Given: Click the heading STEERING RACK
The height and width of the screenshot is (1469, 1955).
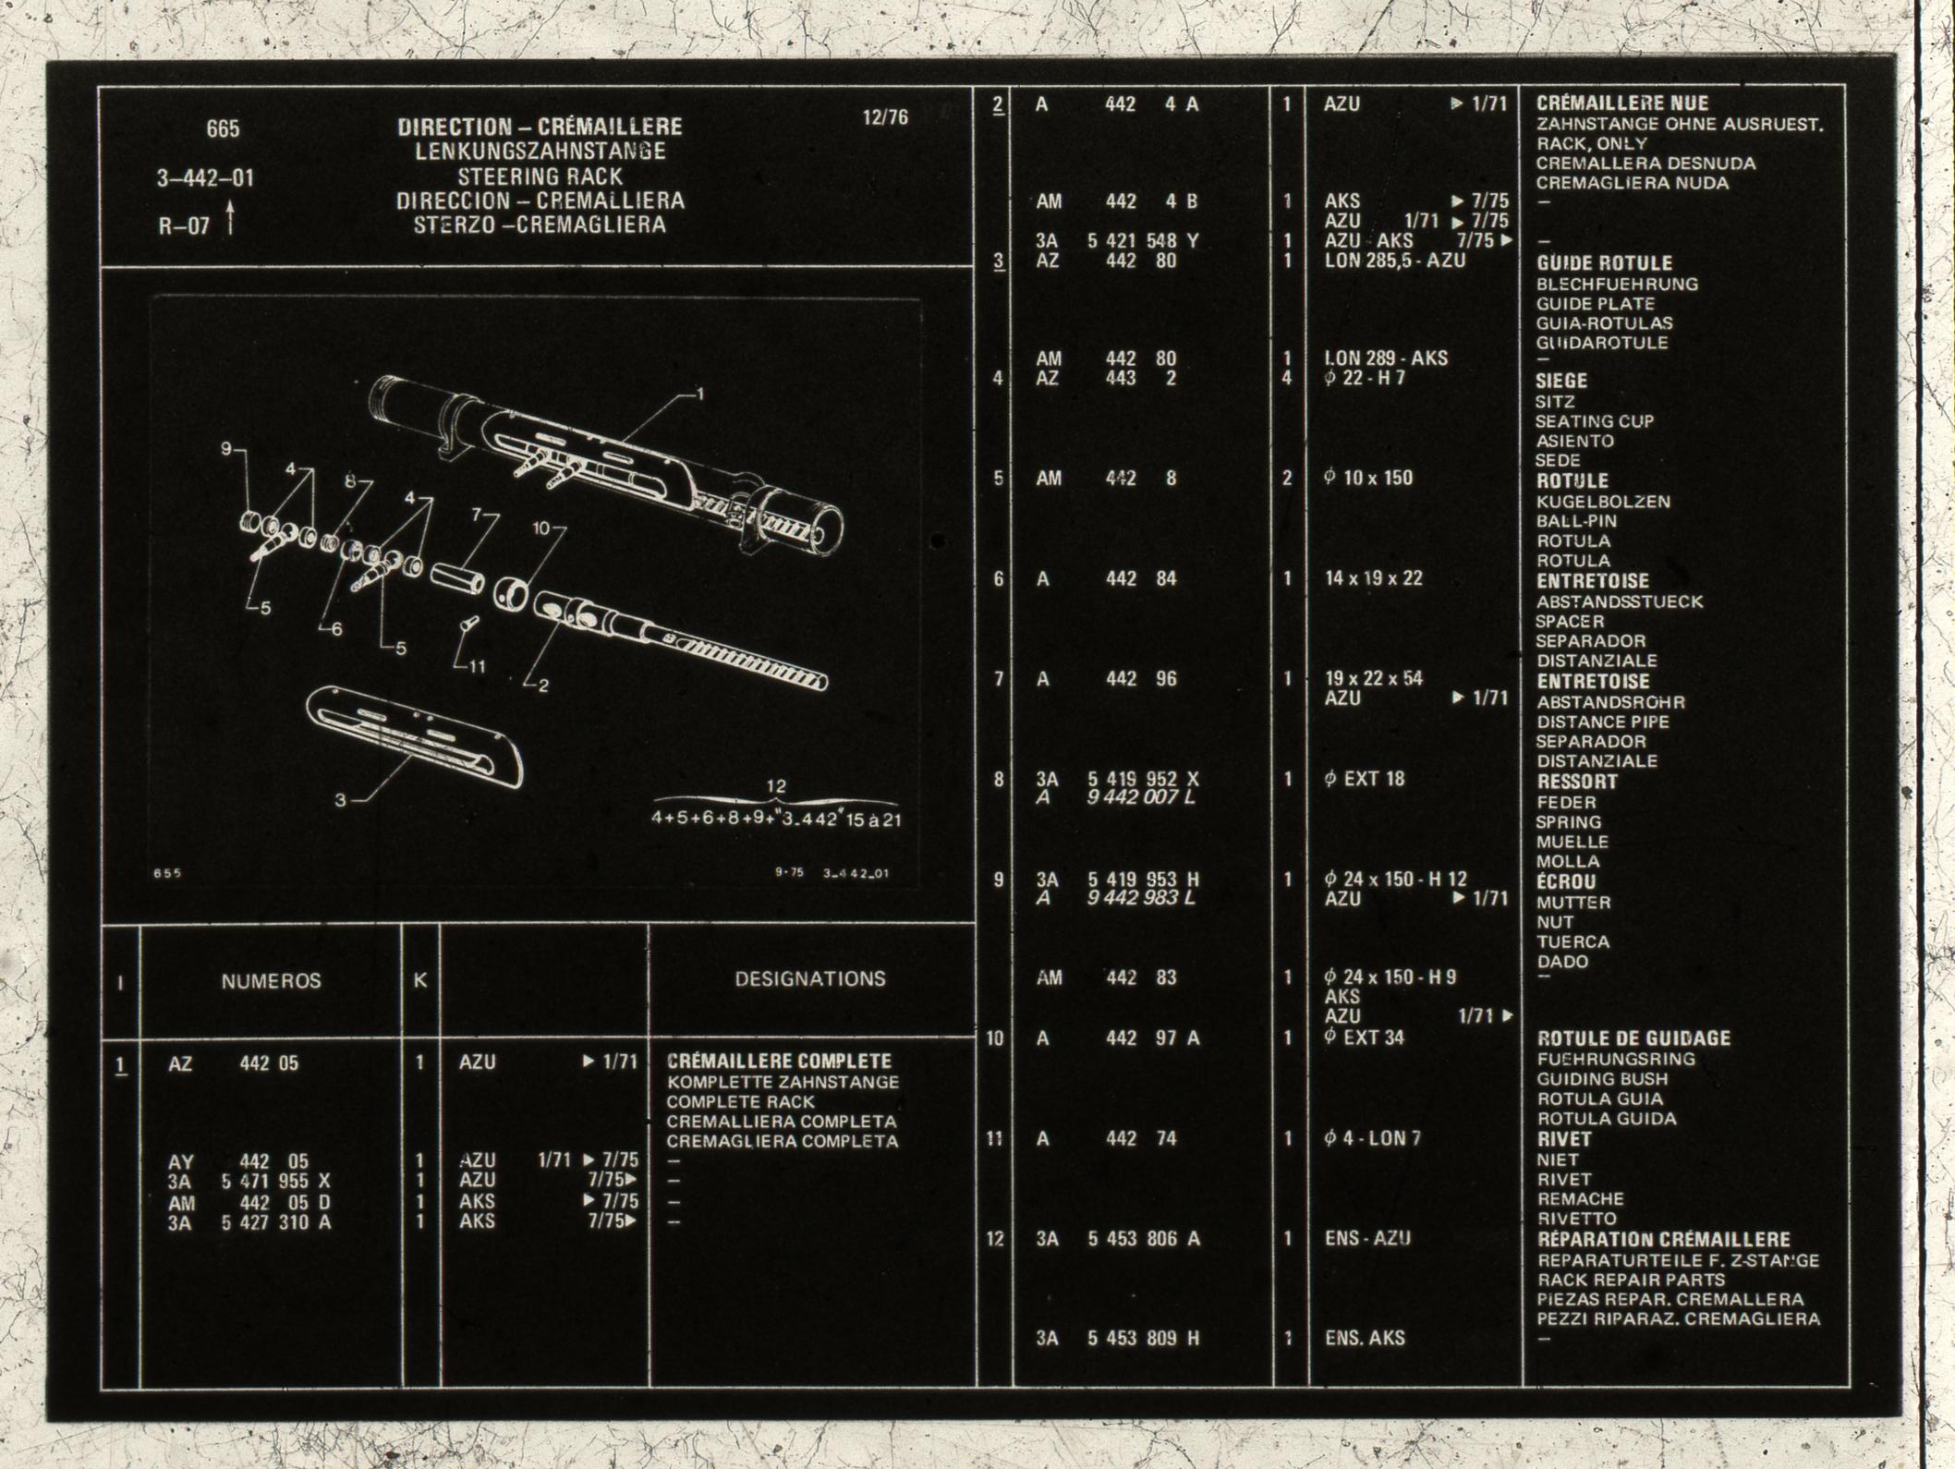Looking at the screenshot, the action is (x=540, y=176).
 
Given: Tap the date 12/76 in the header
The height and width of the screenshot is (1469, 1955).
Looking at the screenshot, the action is (x=885, y=117).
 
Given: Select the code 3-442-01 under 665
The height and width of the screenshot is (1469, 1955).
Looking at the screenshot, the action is (x=205, y=178).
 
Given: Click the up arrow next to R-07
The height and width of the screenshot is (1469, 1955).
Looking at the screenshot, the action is (x=230, y=222).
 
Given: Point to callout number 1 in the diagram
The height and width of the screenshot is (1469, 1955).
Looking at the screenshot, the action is (x=700, y=395).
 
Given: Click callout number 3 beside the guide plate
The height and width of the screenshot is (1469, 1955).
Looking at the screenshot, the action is (x=340, y=800).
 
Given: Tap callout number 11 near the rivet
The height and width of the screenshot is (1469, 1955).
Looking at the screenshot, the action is (x=477, y=666).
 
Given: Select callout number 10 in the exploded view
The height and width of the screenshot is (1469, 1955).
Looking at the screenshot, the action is (x=541, y=528).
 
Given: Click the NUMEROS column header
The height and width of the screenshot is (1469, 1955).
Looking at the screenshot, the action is (x=271, y=981).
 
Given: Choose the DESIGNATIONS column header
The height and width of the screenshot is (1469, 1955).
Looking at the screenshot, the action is (x=810, y=979).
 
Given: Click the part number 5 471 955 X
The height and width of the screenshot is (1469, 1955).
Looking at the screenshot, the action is (x=275, y=1182).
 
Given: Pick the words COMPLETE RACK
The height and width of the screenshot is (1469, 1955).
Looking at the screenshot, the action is (x=741, y=1102).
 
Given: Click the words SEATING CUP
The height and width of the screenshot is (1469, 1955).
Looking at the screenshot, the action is (x=1595, y=421).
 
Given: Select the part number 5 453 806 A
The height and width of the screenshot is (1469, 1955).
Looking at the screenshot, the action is (x=1143, y=1239).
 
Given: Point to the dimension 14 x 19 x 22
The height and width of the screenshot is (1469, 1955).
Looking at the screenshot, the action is (x=1374, y=579).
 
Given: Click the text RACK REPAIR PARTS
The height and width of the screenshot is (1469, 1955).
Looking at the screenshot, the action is (x=1632, y=1281).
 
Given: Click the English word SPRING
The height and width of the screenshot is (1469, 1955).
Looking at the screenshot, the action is (x=1569, y=822).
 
